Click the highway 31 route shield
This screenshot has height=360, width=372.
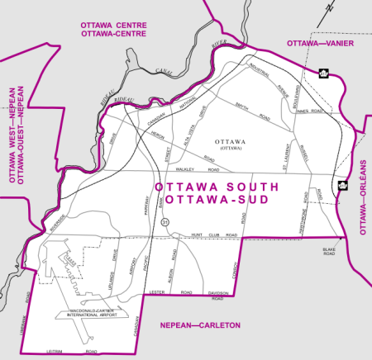[165, 222]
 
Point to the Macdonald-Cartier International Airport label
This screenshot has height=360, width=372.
[90, 313]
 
